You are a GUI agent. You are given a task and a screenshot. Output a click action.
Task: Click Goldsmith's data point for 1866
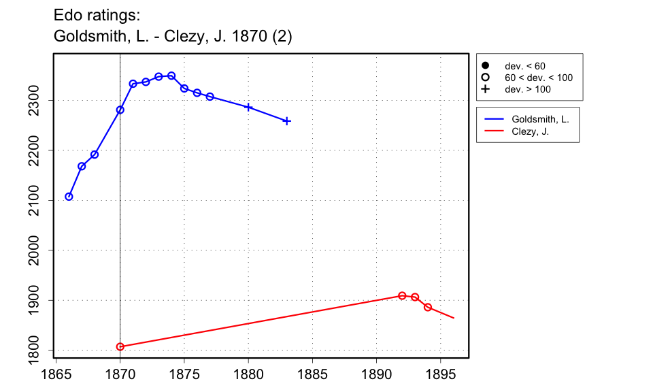pos(69,197)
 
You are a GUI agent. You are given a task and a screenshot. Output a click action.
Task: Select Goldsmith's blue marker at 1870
pos(120,110)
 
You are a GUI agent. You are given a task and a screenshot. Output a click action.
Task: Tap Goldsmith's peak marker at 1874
pos(171,76)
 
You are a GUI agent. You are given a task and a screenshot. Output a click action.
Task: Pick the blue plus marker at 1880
pos(248,108)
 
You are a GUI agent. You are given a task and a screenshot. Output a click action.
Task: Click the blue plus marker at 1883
pos(287,121)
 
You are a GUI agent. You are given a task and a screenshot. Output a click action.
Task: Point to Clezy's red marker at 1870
pos(120,346)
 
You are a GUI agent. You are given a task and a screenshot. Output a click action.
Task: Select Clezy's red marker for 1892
pos(402,295)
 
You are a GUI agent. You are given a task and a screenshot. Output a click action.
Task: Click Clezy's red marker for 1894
pos(428,307)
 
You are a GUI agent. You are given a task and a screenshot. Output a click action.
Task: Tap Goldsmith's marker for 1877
pos(210,97)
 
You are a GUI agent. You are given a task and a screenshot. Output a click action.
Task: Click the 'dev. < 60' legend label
pos(524,66)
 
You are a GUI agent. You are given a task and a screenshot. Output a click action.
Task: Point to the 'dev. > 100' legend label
pos(527,89)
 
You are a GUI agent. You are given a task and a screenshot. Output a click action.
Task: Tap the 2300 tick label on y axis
pos(39,100)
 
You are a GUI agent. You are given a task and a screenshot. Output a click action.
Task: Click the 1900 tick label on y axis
pos(39,300)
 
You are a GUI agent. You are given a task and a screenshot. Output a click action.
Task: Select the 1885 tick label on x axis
pos(312,374)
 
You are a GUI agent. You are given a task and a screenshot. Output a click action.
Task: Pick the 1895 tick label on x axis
pos(440,374)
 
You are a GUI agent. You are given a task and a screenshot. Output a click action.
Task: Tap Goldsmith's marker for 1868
pos(95,154)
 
